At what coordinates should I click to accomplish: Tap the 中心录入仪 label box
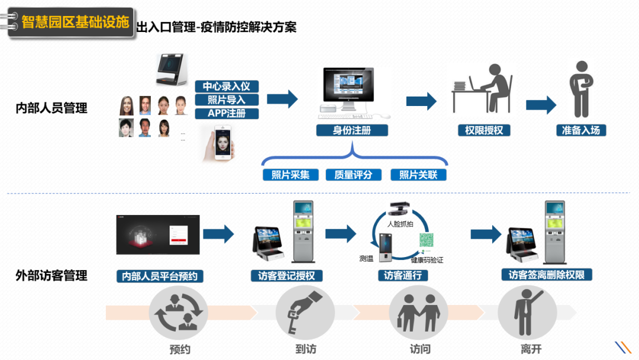click(x=227, y=86)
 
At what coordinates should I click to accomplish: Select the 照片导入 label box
click(x=227, y=100)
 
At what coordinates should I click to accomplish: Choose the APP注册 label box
click(x=227, y=113)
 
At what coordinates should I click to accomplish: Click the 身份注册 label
click(x=351, y=130)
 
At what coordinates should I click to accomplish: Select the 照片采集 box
click(x=290, y=175)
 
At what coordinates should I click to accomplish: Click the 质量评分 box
click(x=353, y=175)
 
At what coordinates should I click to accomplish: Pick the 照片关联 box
click(x=418, y=175)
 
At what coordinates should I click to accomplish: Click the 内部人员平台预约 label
click(x=159, y=276)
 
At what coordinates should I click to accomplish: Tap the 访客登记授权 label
click(x=286, y=276)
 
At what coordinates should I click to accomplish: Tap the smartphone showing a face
click(x=218, y=143)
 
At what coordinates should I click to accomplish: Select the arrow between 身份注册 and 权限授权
click(x=421, y=101)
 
